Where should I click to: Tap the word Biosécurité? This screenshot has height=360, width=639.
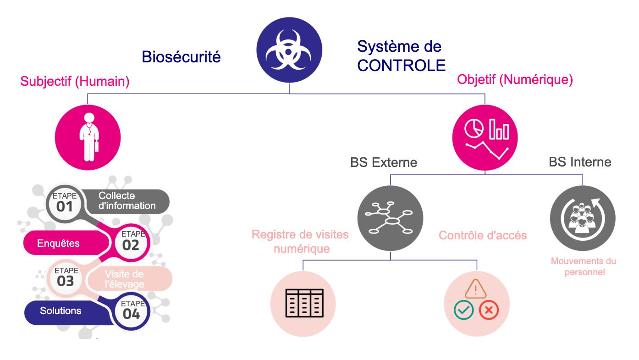tap(181, 57)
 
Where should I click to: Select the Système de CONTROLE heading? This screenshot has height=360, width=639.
tap(401, 56)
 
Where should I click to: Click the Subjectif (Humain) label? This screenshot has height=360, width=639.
tap(75, 82)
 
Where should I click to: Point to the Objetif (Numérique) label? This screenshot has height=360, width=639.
tap(515, 80)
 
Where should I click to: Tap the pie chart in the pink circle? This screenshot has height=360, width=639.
tap(474, 129)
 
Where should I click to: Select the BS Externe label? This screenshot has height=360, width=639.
tap(384, 162)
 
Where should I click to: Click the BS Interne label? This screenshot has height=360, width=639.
tap(580, 161)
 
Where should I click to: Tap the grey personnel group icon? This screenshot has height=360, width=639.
tap(582, 219)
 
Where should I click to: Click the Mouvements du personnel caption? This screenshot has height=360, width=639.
tap(583, 266)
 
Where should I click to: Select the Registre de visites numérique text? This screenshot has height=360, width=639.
tap(300, 242)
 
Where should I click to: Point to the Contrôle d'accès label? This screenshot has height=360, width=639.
tap(483, 236)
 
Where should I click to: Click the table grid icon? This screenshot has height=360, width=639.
tap(304, 304)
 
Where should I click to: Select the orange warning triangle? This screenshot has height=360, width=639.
tap(476, 289)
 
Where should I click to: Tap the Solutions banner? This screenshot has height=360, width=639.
tap(61, 311)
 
